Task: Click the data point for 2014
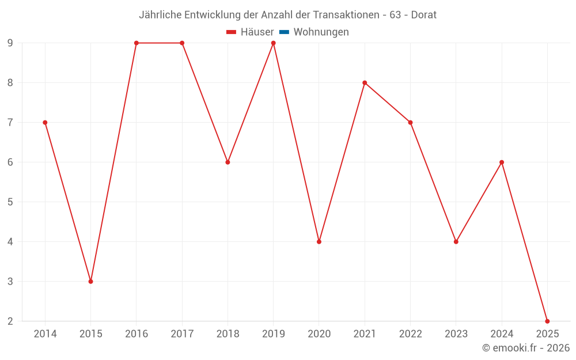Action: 45,122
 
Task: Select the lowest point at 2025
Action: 547,321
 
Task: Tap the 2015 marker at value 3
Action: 90,281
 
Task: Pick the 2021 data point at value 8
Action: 365,82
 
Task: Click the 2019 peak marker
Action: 273,43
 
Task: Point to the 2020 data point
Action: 319,241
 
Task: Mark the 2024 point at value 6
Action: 502,162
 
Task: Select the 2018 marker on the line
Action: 228,162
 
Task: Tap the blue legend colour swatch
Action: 284,32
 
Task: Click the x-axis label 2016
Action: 137,334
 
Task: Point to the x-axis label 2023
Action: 456,334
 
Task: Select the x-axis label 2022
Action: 410,334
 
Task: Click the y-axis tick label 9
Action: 10,43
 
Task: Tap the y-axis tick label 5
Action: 10,202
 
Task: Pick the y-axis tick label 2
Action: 10,321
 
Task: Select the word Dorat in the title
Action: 423,14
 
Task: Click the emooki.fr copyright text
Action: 526,348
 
